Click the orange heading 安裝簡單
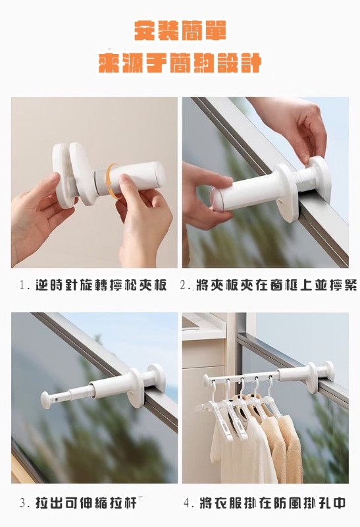tap(180, 31)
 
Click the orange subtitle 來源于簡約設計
tap(180, 63)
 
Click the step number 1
tap(23, 286)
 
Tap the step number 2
tap(184, 286)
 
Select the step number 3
tap(24, 503)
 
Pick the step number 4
tap(188, 503)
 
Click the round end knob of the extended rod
tap(46, 400)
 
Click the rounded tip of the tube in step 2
tap(215, 200)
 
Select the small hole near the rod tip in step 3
tap(55, 397)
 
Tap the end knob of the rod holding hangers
tap(206, 380)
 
